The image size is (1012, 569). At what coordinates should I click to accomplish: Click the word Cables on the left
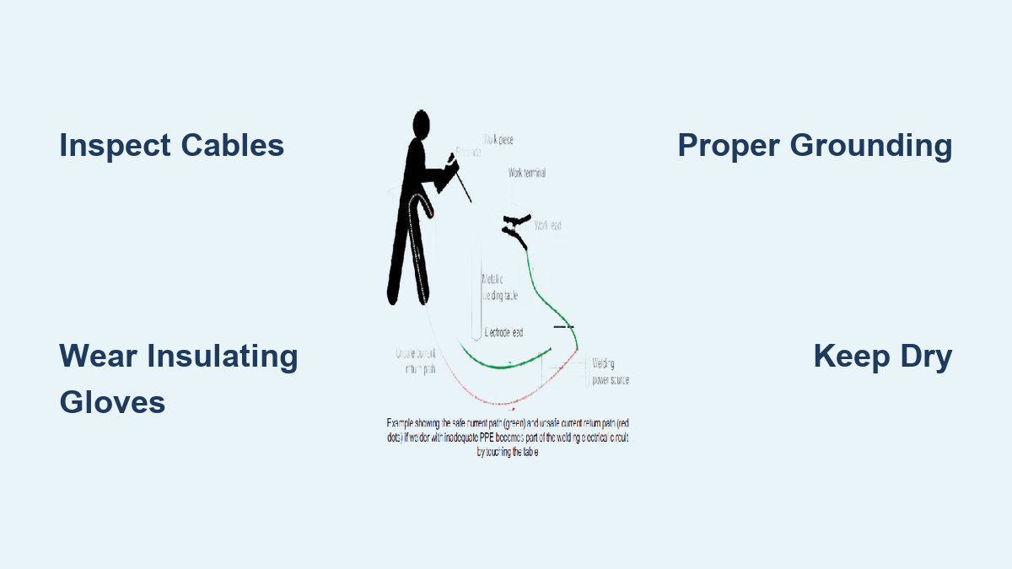(x=232, y=146)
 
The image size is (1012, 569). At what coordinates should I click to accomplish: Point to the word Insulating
(x=223, y=356)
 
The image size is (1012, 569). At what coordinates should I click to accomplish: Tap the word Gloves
(x=112, y=402)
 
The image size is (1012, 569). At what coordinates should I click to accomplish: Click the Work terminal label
(x=526, y=173)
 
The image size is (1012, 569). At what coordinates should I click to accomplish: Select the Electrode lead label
(x=503, y=333)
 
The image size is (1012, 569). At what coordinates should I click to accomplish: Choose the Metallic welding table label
(x=499, y=287)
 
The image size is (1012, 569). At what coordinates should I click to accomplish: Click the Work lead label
(x=548, y=225)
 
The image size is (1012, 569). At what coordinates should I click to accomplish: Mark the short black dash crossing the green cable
(x=563, y=326)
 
